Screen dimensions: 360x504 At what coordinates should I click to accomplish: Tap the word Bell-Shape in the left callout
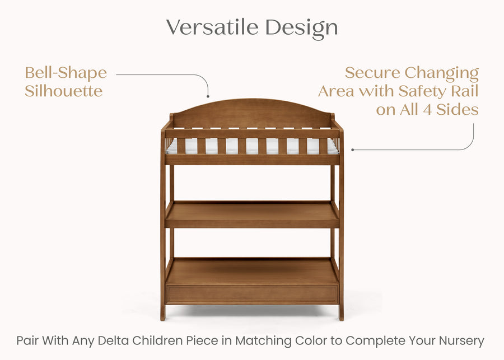point(66,73)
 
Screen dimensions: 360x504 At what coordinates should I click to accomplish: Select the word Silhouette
point(63,91)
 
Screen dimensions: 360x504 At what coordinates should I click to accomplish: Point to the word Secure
point(372,73)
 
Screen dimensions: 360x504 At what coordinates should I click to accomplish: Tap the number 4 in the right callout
point(426,109)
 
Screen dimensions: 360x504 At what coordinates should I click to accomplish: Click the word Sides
point(456,109)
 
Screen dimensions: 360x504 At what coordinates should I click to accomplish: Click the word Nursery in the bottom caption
point(463,340)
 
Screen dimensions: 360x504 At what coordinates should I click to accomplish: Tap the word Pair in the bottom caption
point(27,340)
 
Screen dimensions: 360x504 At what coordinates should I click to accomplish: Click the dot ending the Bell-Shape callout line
point(208,97)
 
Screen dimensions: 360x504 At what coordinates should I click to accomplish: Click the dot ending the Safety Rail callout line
point(352,150)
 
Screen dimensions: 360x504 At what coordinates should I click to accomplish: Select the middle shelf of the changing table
point(252,214)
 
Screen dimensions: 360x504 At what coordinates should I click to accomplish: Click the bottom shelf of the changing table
point(252,272)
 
